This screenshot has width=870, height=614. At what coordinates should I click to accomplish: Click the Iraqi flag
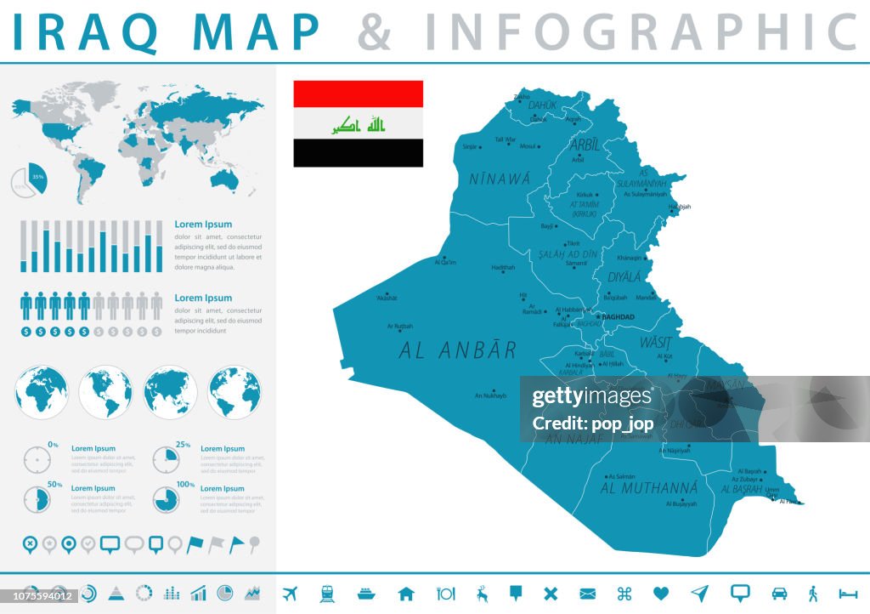[x=358, y=123]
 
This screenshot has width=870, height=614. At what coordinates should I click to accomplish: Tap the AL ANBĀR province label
[x=457, y=350]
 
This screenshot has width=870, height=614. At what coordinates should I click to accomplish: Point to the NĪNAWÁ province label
[x=500, y=179]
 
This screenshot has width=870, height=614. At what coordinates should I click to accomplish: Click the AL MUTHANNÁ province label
[x=649, y=489]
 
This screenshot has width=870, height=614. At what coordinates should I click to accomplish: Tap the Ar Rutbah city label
[x=399, y=326]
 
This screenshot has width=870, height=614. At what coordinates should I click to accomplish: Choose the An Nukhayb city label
[x=490, y=395]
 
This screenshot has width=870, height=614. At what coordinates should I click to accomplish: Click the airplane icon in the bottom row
[x=289, y=593]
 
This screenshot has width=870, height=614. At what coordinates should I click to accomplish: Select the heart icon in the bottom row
[x=661, y=593]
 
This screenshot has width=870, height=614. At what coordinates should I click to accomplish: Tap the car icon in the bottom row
[x=778, y=593]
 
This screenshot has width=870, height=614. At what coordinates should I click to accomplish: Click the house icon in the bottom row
[x=406, y=593]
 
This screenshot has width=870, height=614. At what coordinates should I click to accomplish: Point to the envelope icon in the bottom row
[x=588, y=593]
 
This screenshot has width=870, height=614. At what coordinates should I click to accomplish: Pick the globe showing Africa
[x=42, y=392]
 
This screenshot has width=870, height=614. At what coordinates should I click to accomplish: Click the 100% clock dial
[x=167, y=499]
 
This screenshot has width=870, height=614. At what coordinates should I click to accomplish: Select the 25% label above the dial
[x=183, y=445]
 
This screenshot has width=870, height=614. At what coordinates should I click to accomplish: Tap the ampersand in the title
[x=375, y=32]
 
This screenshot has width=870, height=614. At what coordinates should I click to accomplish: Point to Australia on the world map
[x=227, y=179]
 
